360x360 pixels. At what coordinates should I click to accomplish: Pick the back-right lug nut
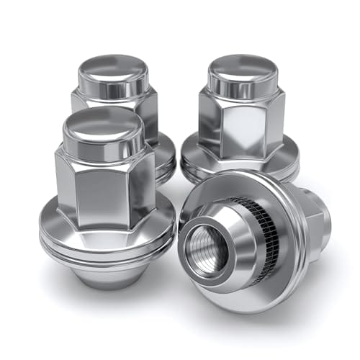(241, 115)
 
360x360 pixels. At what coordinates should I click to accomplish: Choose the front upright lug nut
(105, 194)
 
